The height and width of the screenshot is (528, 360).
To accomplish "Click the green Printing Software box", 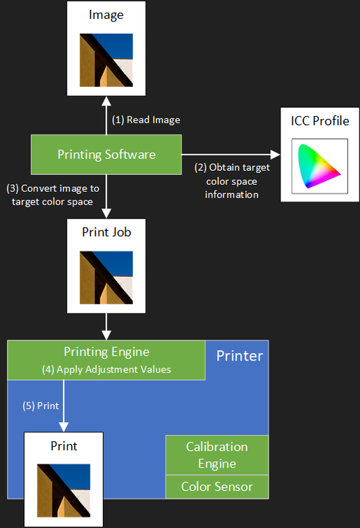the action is (106, 155).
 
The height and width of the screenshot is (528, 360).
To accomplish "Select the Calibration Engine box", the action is (217, 455).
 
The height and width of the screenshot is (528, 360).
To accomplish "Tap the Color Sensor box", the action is (217, 487).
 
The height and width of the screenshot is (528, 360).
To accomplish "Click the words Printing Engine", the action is (106, 352).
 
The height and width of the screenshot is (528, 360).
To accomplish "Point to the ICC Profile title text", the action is (320, 121).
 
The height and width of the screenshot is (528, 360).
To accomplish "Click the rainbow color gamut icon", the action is (319, 166).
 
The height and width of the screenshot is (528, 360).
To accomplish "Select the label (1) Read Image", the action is (146, 120).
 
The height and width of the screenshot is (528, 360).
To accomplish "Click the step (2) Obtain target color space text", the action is (232, 181).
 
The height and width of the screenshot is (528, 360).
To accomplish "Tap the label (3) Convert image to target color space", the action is (53, 195).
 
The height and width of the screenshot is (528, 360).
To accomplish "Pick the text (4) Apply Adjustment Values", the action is (106, 370).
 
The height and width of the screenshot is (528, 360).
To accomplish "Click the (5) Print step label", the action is (41, 405).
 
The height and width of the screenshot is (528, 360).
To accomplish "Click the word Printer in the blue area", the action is (240, 356).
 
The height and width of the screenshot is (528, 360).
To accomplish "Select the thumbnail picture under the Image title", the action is (106, 60).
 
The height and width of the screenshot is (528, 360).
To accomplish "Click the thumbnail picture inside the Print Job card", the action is (106, 277).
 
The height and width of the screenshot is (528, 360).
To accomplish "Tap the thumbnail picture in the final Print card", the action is (64, 491).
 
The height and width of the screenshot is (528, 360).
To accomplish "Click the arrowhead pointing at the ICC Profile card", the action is (275, 155).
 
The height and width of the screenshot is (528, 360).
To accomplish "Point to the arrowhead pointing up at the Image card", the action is (106, 102).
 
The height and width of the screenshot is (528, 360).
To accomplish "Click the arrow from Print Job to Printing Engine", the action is (106, 326).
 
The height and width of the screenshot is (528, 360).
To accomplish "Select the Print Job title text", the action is (106, 232).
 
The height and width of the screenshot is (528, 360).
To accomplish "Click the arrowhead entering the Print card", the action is (64, 426).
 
